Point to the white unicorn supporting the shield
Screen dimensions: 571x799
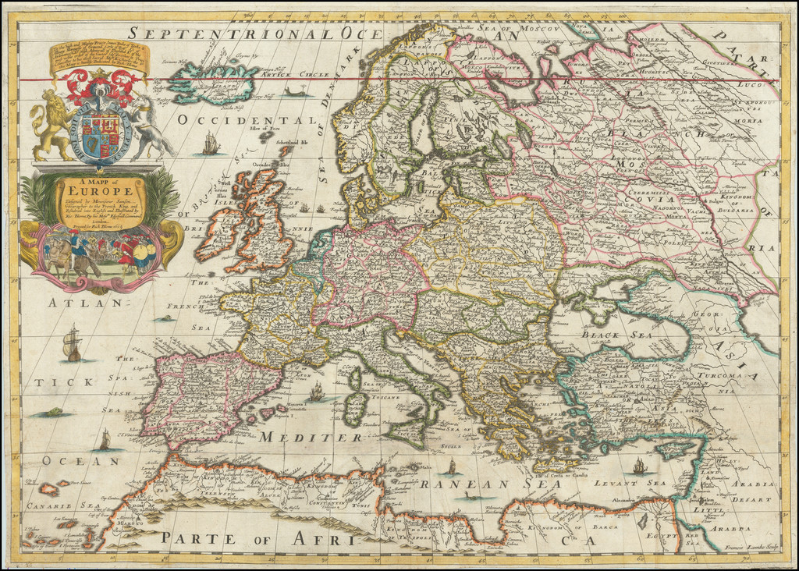click(x=149, y=126)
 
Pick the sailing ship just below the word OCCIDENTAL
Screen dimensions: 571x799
click(x=210, y=144)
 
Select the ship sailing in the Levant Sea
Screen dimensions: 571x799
click(x=640, y=466)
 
